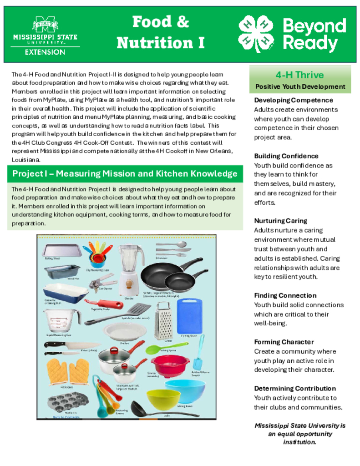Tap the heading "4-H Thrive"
point(299,75)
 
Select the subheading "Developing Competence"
point(293,100)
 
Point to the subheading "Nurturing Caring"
point(280,221)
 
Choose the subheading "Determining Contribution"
point(294,388)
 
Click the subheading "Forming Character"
point(284,342)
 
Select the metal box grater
point(162,321)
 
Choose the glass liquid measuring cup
point(60,321)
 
